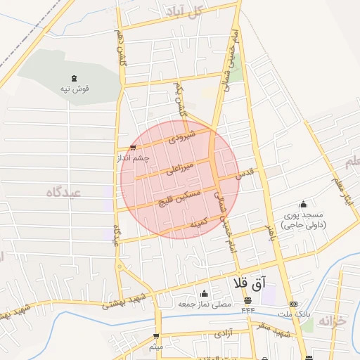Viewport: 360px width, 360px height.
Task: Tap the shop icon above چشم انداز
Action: (133, 147)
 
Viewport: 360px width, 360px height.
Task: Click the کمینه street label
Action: (199, 223)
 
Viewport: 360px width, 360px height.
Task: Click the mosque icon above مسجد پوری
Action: (303, 203)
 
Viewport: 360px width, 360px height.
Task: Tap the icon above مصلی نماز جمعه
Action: (204, 293)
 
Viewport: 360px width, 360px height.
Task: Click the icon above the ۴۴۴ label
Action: (247, 301)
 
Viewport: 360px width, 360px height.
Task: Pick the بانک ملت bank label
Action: (293, 313)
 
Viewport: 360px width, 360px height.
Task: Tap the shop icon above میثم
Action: (156, 337)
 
